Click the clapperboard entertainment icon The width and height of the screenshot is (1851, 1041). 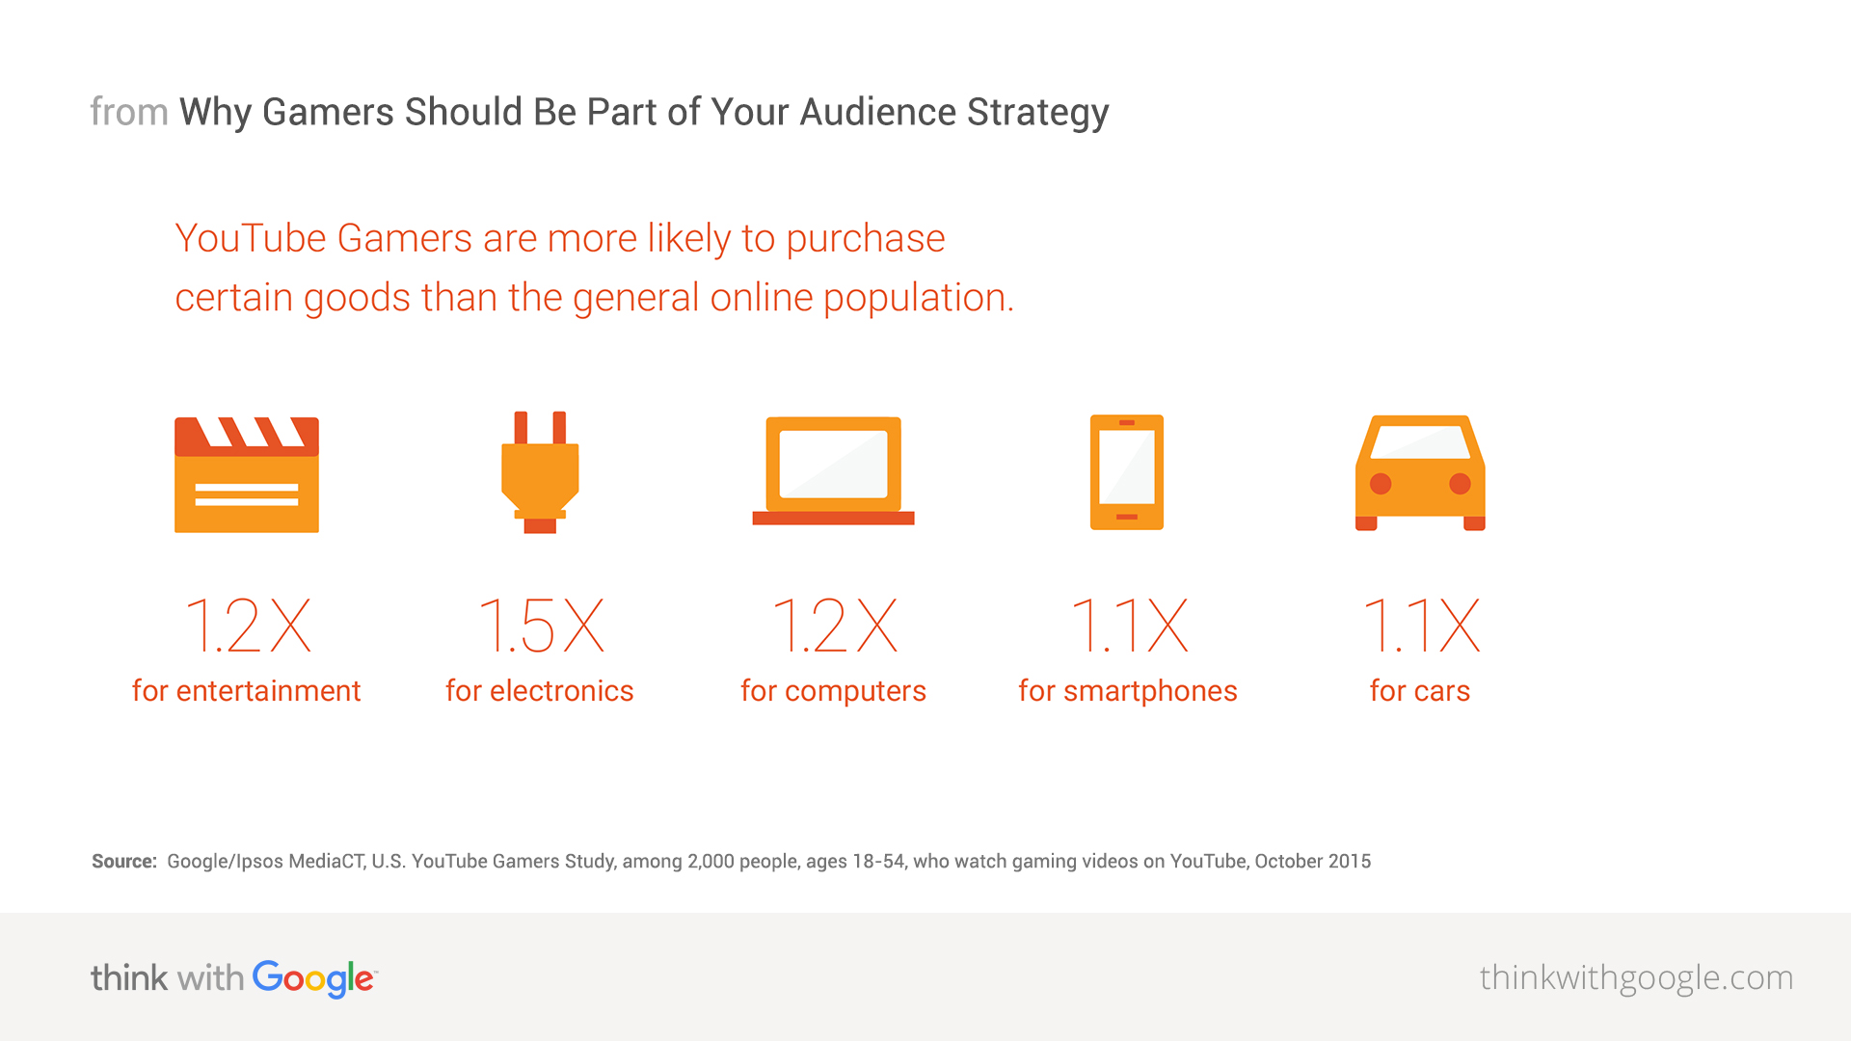coord(247,474)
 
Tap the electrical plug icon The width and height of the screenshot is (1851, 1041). coord(540,472)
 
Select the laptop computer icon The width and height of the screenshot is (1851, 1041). coord(833,470)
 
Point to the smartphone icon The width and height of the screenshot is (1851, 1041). coord(1127,472)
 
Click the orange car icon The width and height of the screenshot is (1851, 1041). coord(1420,472)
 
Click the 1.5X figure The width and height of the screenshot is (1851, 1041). coord(541,626)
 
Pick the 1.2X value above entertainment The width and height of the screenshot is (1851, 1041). coord(248,626)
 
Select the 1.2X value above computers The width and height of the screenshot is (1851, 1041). coord(835,626)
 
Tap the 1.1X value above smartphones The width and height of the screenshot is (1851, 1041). coord(1129,626)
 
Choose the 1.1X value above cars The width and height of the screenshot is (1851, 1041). coord(1421,626)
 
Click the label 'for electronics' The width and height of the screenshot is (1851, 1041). coord(540,690)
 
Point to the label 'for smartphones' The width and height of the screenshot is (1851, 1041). coord(1128,691)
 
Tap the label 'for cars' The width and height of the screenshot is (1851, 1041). coord(1420,690)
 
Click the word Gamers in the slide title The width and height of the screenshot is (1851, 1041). coord(328,112)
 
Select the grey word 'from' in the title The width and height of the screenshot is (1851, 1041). coord(129,112)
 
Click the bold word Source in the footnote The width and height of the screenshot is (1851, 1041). coord(123,861)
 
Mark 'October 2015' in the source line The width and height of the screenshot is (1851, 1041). coord(1313,861)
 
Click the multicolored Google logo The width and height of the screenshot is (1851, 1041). coord(314,978)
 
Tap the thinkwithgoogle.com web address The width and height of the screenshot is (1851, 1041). coord(1636,978)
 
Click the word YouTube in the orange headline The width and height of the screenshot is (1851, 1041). coord(251,238)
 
